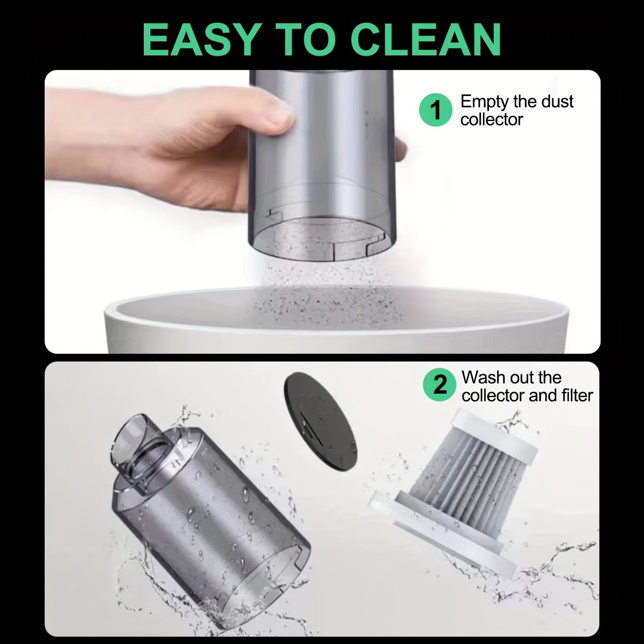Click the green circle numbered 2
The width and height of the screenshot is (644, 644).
[439, 385]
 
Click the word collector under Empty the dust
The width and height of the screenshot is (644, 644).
[492, 119]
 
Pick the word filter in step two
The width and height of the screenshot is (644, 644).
[577, 395]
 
